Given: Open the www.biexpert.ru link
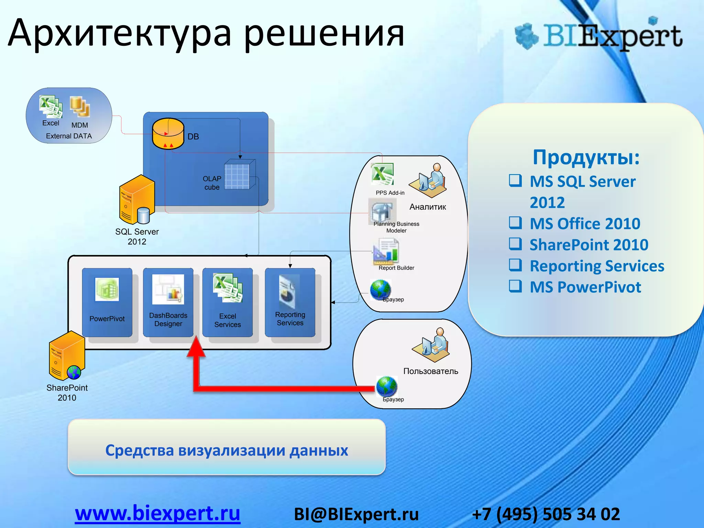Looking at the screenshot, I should [x=157, y=514].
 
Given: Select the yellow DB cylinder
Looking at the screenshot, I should [x=168, y=134].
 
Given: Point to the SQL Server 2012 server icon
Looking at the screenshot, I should [x=136, y=199].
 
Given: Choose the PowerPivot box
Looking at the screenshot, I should [x=107, y=302].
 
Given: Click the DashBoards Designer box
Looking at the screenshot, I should [x=168, y=302].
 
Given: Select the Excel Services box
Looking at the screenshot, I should [x=228, y=302].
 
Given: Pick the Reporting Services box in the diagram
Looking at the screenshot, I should [x=290, y=302].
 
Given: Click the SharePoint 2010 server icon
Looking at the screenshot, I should [x=66, y=356].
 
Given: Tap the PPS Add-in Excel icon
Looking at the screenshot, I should [x=382, y=174].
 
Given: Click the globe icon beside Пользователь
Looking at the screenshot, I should [x=387, y=386].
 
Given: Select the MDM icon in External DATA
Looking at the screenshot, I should [x=80, y=107].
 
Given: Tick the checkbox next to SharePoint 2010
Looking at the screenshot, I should [x=515, y=243].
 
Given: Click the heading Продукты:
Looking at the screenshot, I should [x=586, y=157].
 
